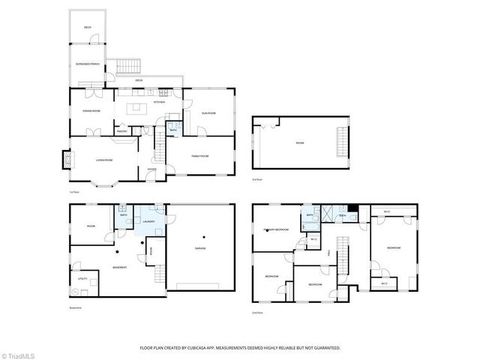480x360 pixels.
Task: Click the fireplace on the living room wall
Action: click(x=65, y=159)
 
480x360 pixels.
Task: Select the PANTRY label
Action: click(x=121, y=130)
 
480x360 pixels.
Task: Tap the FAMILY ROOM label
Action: click(x=199, y=155)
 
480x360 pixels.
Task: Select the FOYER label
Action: click(x=152, y=169)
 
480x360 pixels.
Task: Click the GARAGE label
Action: click(x=200, y=247)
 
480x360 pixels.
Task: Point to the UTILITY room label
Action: click(x=83, y=279)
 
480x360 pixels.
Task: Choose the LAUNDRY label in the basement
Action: click(x=148, y=221)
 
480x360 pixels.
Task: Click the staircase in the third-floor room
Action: click(x=343, y=142)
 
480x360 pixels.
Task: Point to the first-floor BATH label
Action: click(x=173, y=129)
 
